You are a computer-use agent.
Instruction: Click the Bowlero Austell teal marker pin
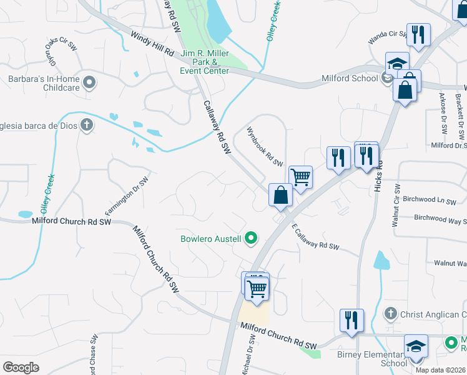(x=251, y=237)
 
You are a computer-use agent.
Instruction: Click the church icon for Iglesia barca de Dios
(x=87, y=125)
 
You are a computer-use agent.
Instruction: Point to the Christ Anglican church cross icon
(x=390, y=314)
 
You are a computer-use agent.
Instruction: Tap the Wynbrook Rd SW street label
(x=265, y=146)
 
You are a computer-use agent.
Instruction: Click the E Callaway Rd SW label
(x=315, y=237)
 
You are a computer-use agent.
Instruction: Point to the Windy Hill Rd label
(x=152, y=44)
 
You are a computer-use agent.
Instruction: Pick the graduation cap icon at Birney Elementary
(x=416, y=346)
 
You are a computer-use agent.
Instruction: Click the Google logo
(x=21, y=367)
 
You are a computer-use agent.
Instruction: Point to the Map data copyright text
(x=440, y=370)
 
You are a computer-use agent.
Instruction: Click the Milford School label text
(x=349, y=78)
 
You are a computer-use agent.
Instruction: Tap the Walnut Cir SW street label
(x=395, y=205)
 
